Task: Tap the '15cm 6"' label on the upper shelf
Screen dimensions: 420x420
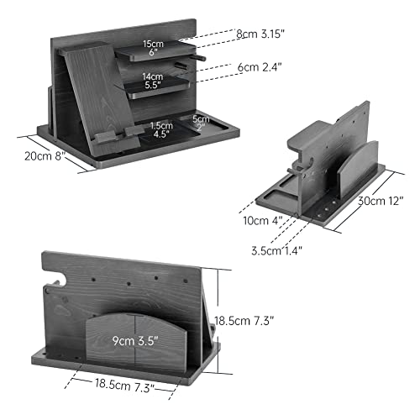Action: [x=152, y=48]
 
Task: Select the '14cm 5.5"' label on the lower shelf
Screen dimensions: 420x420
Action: [x=151, y=81]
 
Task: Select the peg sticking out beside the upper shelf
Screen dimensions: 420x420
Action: [x=201, y=59]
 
